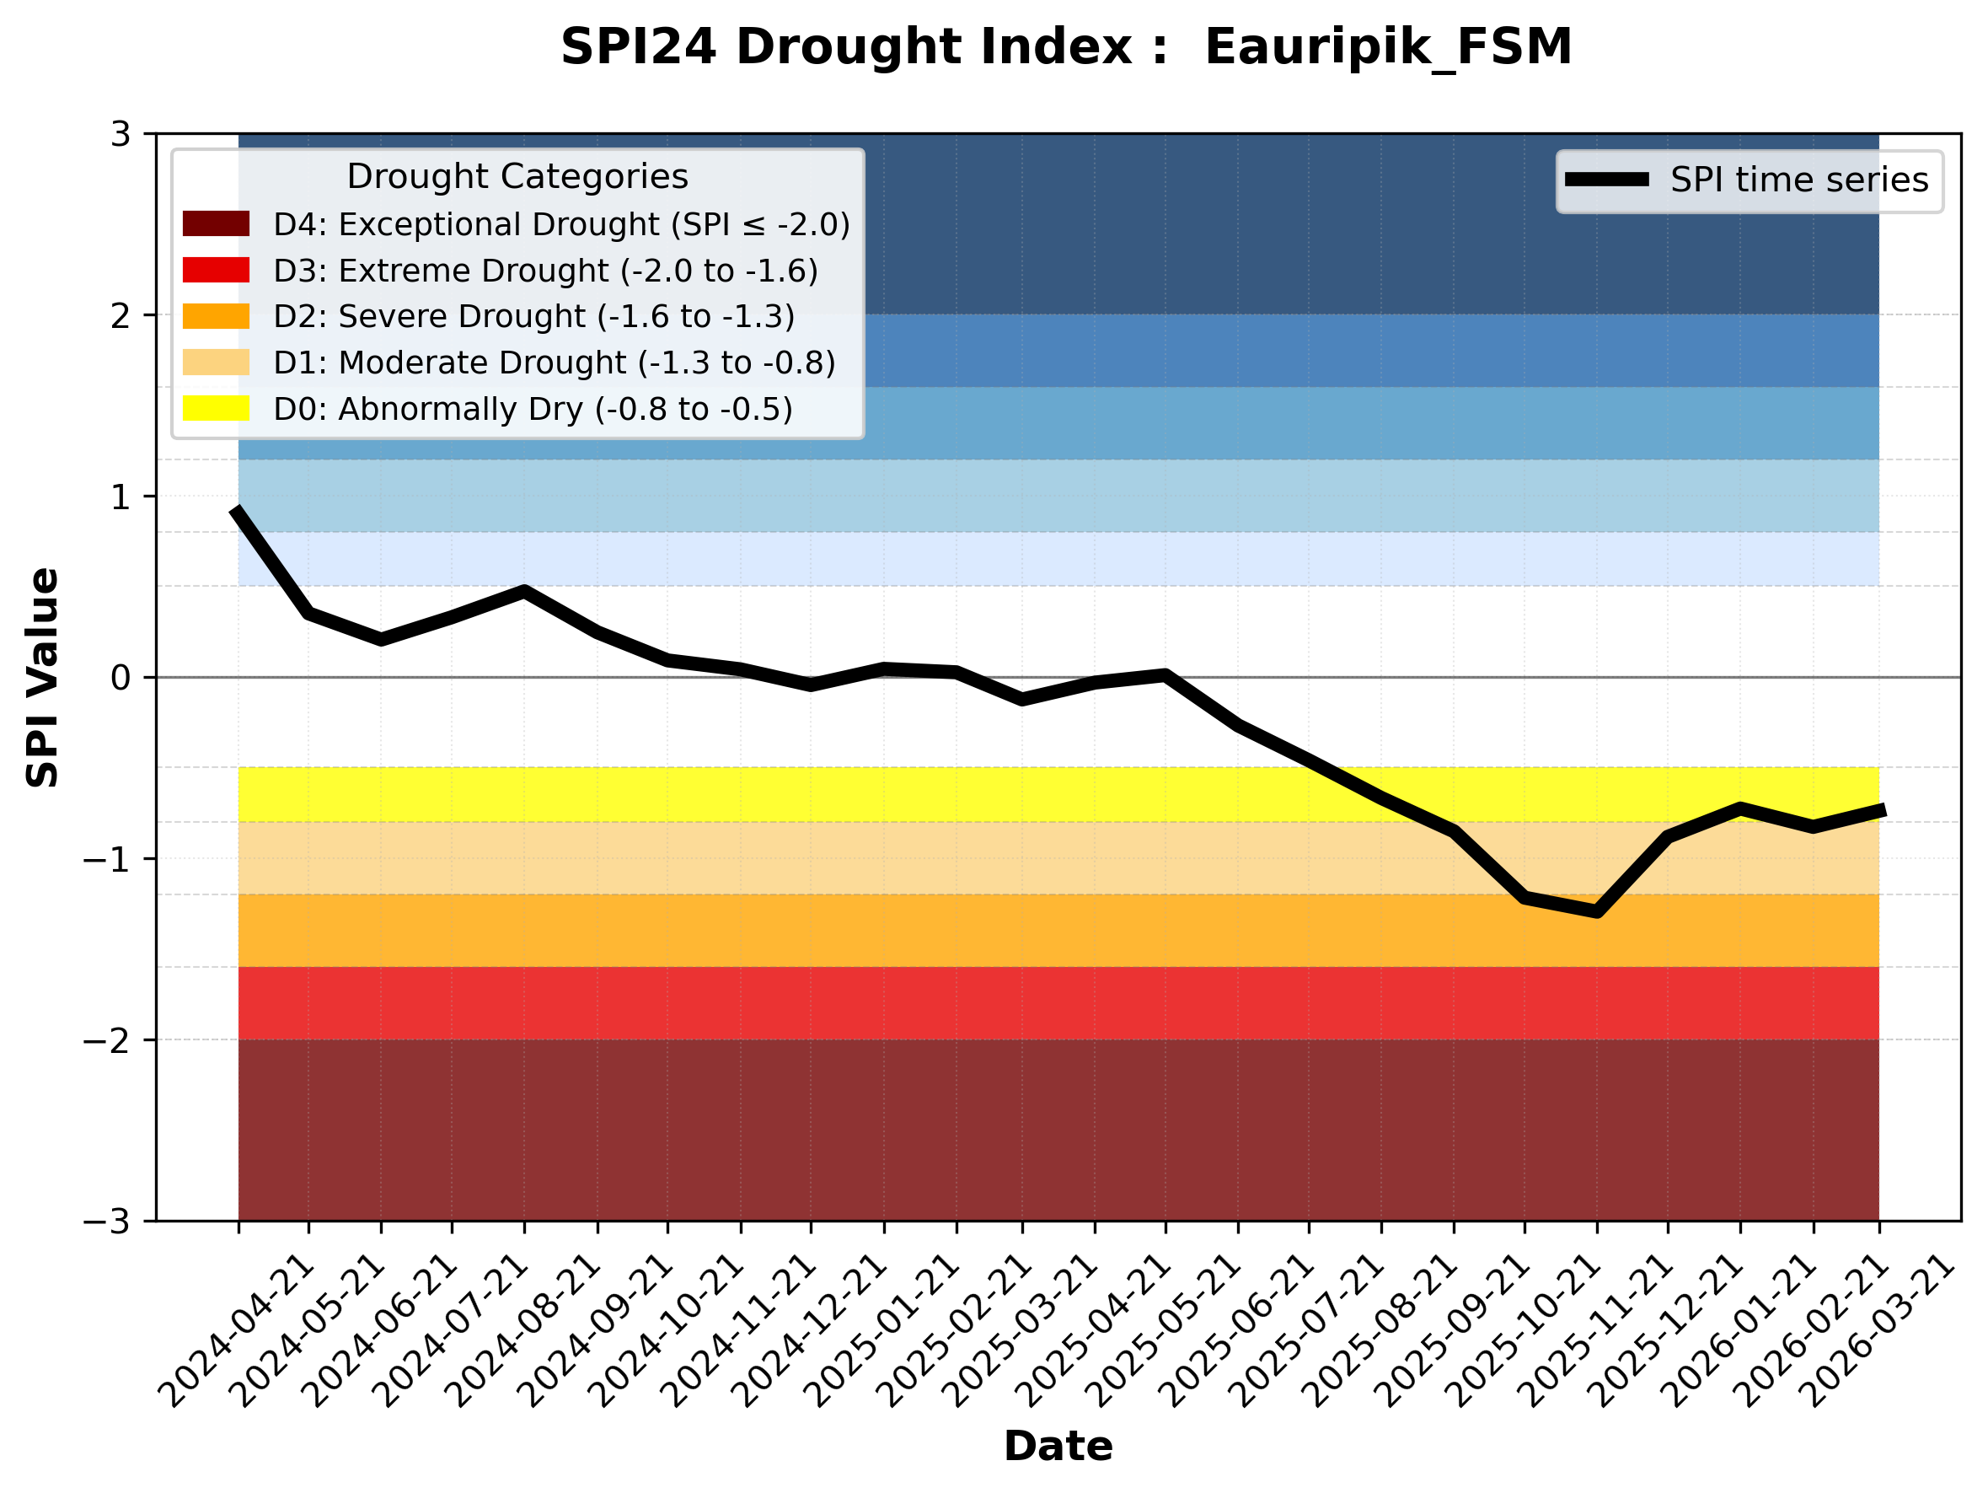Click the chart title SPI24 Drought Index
pyautogui.click(x=1066, y=46)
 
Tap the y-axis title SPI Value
pyautogui.click(x=42, y=678)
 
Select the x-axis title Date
pyautogui.click(x=1058, y=1447)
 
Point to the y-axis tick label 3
pyautogui.click(x=121, y=135)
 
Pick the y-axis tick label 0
pyautogui.click(x=121, y=678)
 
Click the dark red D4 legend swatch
pyautogui.click(x=216, y=223)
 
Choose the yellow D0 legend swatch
pyautogui.click(x=216, y=408)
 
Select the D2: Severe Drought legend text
pyautogui.click(x=533, y=316)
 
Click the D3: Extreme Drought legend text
pyautogui.click(x=545, y=271)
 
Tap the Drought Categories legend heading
pyautogui.click(x=517, y=177)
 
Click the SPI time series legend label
pyautogui.click(x=1799, y=180)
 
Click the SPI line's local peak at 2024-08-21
pyautogui.click(x=525, y=591)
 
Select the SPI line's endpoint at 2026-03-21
pyautogui.click(x=1880, y=810)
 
